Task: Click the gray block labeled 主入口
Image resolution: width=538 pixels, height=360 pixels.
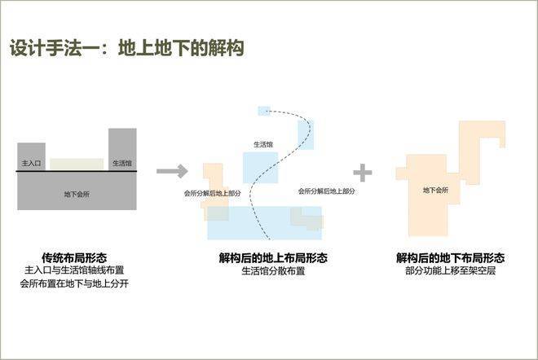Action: pos(31,156)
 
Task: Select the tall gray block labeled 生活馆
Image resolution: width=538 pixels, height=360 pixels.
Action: pos(122,149)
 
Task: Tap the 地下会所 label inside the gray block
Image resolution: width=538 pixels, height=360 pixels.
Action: pos(77,194)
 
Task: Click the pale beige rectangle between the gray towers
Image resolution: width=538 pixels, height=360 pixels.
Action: pos(77,164)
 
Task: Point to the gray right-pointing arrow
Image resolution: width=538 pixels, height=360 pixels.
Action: pos(172,171)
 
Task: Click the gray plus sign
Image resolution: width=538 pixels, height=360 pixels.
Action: pos(363,173)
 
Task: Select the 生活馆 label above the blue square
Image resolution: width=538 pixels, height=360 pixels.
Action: pos(263,144)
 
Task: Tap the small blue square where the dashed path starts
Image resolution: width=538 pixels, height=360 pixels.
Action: pos(264,111)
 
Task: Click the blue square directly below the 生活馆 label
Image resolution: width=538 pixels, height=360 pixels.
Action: pos(260,168)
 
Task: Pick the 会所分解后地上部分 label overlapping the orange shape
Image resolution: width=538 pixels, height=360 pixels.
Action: pos(213,193)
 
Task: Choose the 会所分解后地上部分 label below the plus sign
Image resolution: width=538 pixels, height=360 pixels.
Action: pos(326,191)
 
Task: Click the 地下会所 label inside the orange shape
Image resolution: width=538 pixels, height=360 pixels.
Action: pos(435,190)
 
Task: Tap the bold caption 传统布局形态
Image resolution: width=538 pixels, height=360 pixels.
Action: pos(74,257)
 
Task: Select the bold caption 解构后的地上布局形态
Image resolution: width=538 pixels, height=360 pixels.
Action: pos(273,257)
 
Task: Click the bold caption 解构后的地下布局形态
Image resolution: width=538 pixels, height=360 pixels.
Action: pos(450,257)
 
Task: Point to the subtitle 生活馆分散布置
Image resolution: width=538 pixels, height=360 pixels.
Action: pos(273,271)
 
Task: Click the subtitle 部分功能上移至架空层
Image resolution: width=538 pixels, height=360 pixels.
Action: pos(450,270)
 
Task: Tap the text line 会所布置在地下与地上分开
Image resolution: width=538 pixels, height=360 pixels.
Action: pos(74,283)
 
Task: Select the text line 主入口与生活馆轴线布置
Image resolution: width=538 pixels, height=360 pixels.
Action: pos(74,270)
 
